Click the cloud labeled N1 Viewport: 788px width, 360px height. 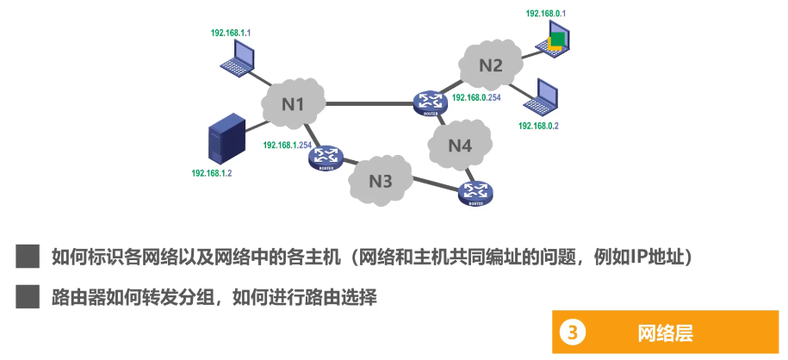tap(295, 103)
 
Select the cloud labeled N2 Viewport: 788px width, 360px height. tap(490, 64)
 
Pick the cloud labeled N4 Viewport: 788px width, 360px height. tap(461, 144)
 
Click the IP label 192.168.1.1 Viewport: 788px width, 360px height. tap(231, 33)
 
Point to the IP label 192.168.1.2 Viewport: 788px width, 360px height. tap(212, 173)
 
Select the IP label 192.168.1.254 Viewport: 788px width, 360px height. tap(287, 146)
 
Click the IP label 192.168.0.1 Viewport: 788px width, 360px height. tap(546, 13)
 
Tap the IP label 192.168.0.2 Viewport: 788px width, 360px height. tap(538, 126)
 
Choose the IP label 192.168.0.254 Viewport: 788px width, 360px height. tap(476, 98)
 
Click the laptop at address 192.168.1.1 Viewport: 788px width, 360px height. tap(236, 58)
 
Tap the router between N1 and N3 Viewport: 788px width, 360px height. tap(326, 157)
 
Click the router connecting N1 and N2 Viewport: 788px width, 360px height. tap(428, 103)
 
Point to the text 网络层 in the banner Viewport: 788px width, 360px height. tap(665, 332)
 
